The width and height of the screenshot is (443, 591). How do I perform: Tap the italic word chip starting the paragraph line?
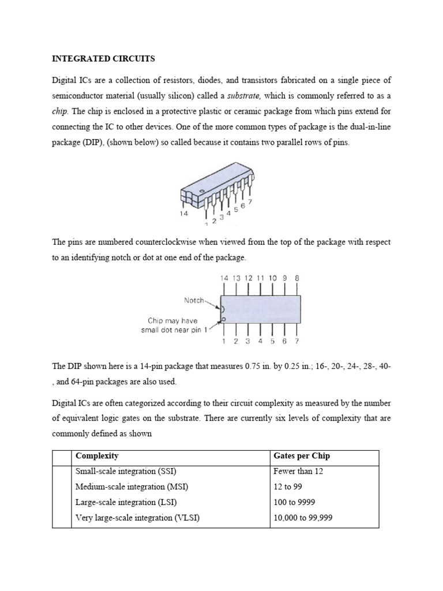coord(59,111)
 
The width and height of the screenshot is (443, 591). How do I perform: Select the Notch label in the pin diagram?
coord(194,300)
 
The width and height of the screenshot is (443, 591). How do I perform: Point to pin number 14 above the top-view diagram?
coord(224,278)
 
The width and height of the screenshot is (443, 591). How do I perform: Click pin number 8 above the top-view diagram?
coord(297,278)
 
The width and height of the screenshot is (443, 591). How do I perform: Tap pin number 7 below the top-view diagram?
coord(296,342)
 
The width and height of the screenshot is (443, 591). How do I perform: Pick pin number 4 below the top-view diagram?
coord(260,342)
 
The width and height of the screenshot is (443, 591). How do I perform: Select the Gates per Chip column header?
coord(302,456)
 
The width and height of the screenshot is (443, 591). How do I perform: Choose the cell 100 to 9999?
coord(294,502)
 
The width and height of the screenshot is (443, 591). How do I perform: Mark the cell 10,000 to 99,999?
coord(303,518)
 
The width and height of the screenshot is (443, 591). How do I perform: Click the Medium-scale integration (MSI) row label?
coord(132,487)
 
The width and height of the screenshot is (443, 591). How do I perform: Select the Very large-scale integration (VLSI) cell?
coord(137,518)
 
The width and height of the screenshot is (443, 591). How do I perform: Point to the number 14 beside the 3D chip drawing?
coord(183,213)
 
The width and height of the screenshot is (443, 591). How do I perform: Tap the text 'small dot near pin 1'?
coord(173,330)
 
